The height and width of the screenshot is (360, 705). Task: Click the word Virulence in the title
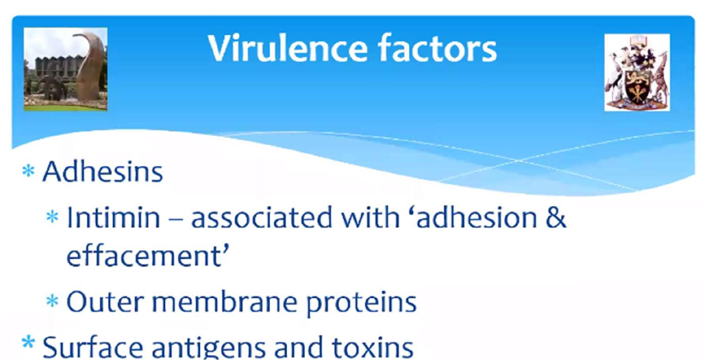click(x=288, y=48)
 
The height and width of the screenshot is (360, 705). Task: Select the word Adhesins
click(x=103, y=172)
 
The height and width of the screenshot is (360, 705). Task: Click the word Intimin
click(x=114, y=217)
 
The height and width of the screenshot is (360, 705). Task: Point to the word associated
click(x=262, y=217)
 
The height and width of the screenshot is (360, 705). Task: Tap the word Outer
click(x=105, y=302)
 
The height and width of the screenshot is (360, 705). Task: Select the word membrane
click(x=225, y=302)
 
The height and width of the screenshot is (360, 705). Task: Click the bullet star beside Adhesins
click(x=28, y=172)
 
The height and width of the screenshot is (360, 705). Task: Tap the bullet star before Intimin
click(x=52, y=217)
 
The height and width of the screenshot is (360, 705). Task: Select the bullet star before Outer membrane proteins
click(x=52, y=301)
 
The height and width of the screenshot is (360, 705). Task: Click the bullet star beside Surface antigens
click(x=28, y=343)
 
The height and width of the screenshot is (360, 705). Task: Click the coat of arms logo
click(x=637, y=72)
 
